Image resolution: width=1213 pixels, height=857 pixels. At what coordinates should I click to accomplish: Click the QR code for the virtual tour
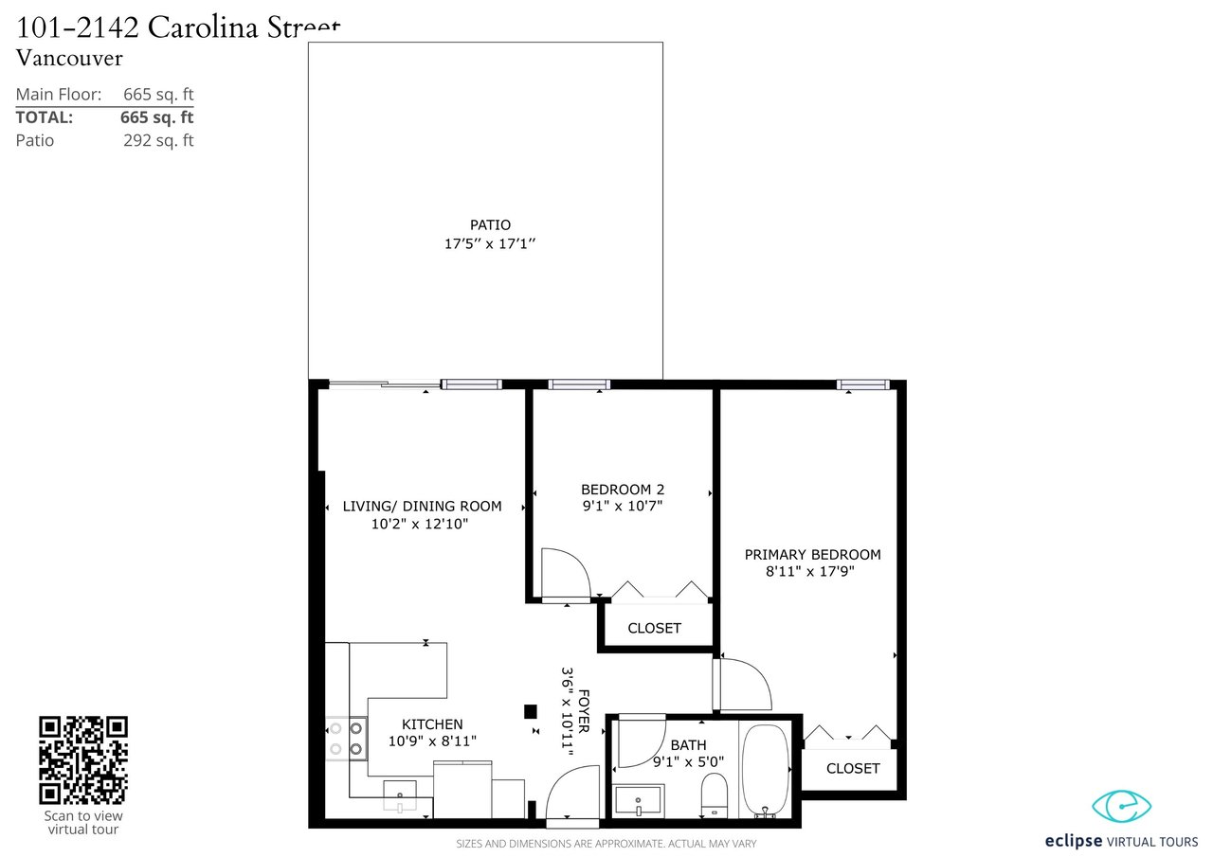pos(83,760)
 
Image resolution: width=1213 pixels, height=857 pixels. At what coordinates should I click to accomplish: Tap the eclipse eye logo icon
pos(1121,806)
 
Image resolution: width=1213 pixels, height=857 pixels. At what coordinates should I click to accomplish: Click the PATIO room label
pos(490,225)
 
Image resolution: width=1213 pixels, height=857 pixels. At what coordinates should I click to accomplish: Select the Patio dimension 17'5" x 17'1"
pos(490,244)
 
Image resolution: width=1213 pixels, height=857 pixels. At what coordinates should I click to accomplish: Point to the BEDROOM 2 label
pos(623,490)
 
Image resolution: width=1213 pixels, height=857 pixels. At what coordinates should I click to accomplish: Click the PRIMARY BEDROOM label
pos(812,555)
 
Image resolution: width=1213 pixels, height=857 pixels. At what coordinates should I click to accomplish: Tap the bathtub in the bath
pos(765,771)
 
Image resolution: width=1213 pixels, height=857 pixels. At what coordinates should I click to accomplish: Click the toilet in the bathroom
pos(715,795)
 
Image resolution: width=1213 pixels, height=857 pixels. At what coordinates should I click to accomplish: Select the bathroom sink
pos(639,799)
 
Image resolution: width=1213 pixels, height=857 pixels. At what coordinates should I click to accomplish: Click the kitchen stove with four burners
pos(347,739)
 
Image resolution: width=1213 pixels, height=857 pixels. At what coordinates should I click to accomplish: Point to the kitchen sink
pos(400,795)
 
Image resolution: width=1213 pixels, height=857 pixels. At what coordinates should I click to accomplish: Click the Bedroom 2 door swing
pos(567,574)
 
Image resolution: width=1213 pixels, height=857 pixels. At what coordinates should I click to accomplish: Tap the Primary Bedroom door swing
pos(743,684)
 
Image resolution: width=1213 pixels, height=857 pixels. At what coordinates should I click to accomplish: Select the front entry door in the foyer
pos(573,795)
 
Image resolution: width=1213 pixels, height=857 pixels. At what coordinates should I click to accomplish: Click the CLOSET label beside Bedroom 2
pos(654,628)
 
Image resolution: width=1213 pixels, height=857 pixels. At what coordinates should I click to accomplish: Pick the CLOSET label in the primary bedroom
pos(853,768)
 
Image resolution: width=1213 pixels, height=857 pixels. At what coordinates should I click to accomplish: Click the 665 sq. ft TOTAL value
pos(157,117)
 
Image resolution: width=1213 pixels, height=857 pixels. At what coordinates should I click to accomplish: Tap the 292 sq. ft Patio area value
pos(158,141)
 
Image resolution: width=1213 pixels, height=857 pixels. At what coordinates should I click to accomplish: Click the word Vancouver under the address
pos(69,58)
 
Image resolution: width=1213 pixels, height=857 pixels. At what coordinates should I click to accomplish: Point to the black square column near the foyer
pos(531,711)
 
